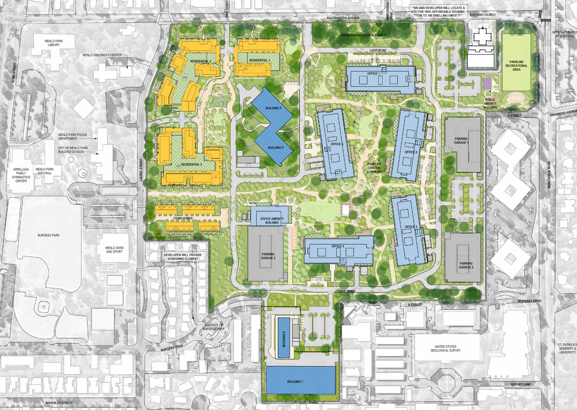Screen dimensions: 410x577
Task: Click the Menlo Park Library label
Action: coord(54,43)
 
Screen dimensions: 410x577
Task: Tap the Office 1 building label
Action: coord(373,73)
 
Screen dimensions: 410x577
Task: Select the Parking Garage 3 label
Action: coord(268,256)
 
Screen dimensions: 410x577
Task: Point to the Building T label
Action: coord(295,382)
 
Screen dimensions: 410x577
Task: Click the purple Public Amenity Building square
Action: coord(487,84)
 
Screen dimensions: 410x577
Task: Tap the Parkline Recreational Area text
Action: coord(516,66)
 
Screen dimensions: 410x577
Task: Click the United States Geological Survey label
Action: coord(445,348)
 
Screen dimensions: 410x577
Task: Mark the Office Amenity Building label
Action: coord(272,221)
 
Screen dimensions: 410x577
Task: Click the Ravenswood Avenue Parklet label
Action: coord(364,35)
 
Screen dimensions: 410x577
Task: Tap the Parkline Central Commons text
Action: coord(374,168)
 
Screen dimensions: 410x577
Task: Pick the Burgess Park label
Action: coord(48,235)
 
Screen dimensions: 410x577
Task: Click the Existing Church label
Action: coord(483,15)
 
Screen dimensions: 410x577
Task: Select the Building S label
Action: coord(284,339)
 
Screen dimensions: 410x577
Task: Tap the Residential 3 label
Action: coord(191,164)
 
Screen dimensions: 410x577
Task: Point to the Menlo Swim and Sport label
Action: coord(114,250)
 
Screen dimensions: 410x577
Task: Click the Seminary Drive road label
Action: coord(529,301)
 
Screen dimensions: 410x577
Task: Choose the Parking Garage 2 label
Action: coord(466,265)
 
